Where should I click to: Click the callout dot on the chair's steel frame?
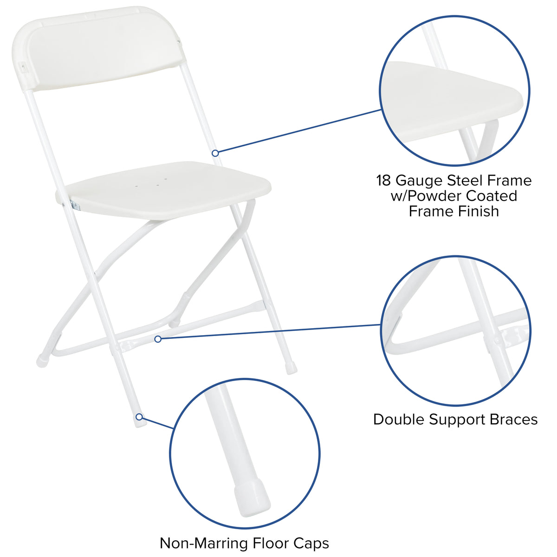click(x=215, y=153)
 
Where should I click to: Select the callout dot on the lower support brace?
click(x=158, y=339)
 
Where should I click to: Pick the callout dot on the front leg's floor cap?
click(x=139, y=416)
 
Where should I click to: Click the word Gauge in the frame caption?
click(x=420, y=180)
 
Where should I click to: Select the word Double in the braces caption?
click(x=399, y=420)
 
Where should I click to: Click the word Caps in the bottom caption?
click(x=311, y=543)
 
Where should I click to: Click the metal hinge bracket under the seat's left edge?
click(x=73, y=203)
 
